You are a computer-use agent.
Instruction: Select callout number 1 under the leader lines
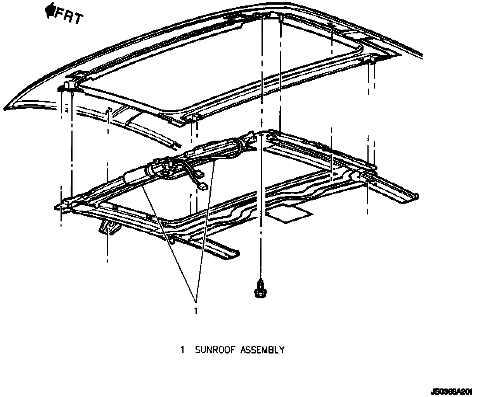coord(196,310)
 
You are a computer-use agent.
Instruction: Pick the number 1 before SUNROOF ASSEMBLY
coord(182,350)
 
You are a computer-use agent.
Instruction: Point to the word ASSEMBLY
coord(263,350)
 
